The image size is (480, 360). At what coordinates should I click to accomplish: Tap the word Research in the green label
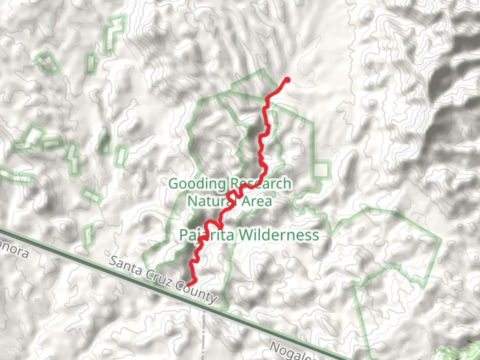[260, 184]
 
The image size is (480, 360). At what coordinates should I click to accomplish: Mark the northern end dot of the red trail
[287, 80]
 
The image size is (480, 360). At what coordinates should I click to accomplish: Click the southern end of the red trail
[189, 285]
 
